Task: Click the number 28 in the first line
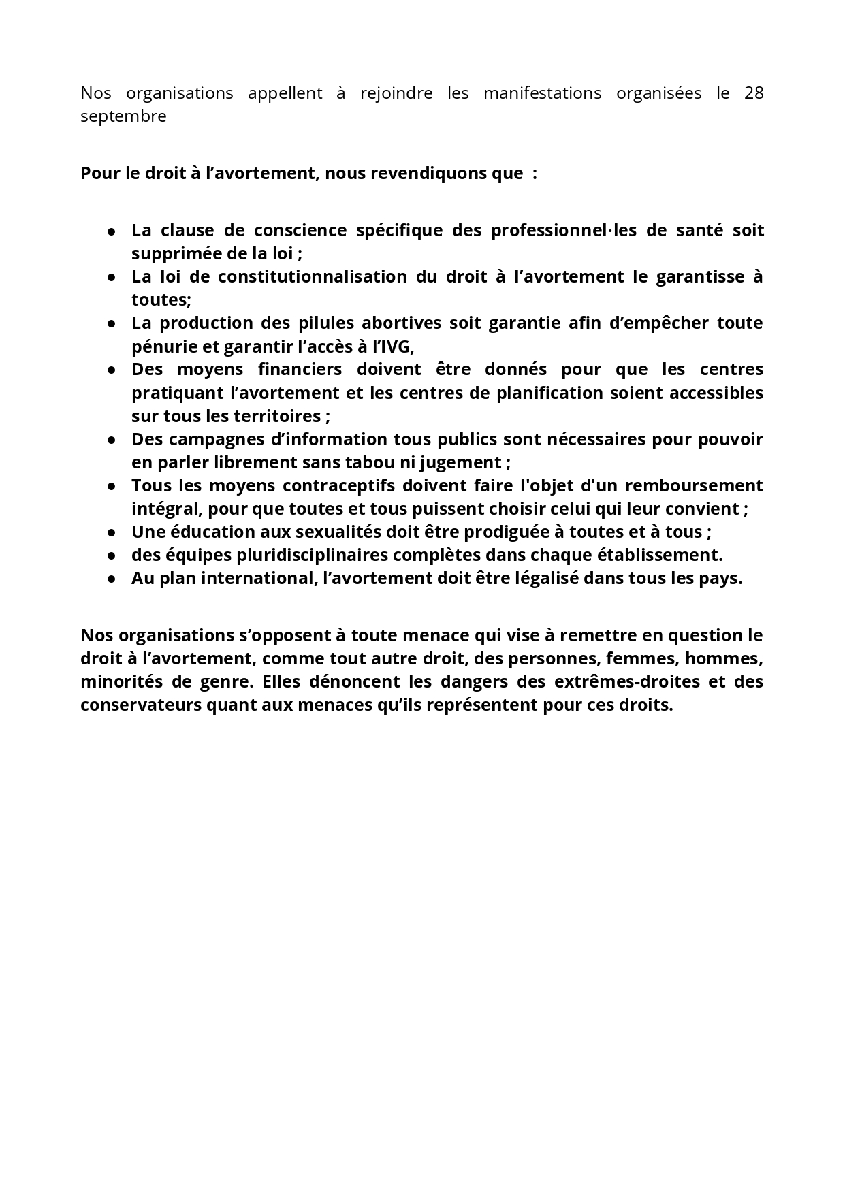click(x=754, y=93)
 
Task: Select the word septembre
click(x=123, y=117)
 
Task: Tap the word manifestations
click(x=542, y=93)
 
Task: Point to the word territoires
click(x=277, y=416)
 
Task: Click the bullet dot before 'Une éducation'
click(x=112, y=533)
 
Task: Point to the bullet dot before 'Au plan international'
click(x=112, y=579)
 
